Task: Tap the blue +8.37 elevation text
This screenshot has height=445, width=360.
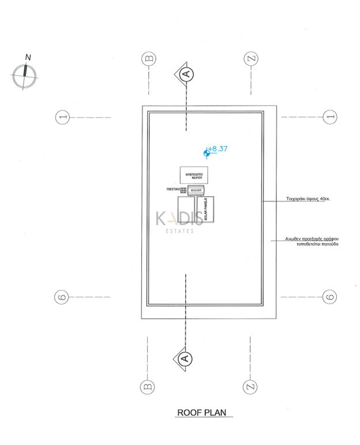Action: point(218,148)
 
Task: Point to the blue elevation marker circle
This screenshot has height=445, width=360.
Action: point(206,153)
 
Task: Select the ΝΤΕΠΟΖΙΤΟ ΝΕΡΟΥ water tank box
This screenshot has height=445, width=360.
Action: point(193,175)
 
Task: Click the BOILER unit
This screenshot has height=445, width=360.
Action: point(196,190)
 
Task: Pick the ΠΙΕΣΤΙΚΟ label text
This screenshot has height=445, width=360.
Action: point(172,189)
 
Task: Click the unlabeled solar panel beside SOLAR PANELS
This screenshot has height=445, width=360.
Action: point(186,211)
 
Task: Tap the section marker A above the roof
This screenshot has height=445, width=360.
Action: point(185,73)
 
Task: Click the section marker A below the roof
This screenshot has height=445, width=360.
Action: point(185,358)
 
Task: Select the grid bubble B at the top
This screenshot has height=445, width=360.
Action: point(148,59)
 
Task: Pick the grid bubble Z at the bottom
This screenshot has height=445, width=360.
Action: point(250,385)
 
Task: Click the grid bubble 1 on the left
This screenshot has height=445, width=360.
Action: point(63,117)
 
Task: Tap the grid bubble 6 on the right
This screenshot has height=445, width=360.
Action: point(329,297)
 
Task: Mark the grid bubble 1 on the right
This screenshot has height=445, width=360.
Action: point(329,117)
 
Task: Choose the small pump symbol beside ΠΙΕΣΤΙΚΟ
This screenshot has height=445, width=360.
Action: point(183,190)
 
